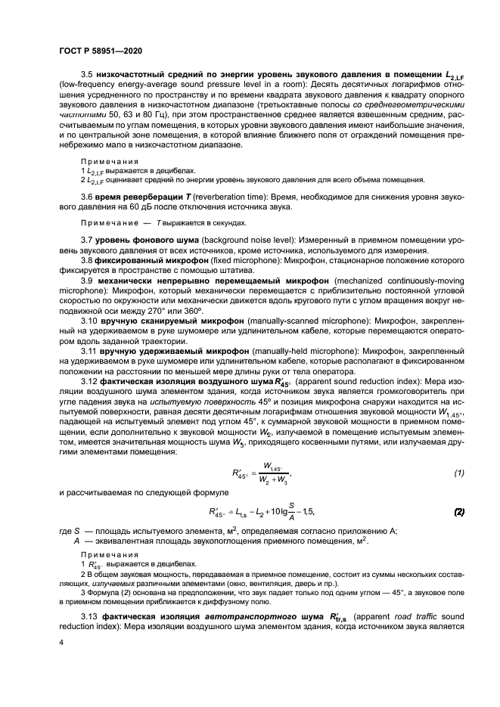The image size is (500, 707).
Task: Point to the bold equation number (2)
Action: tap(458, 511)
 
